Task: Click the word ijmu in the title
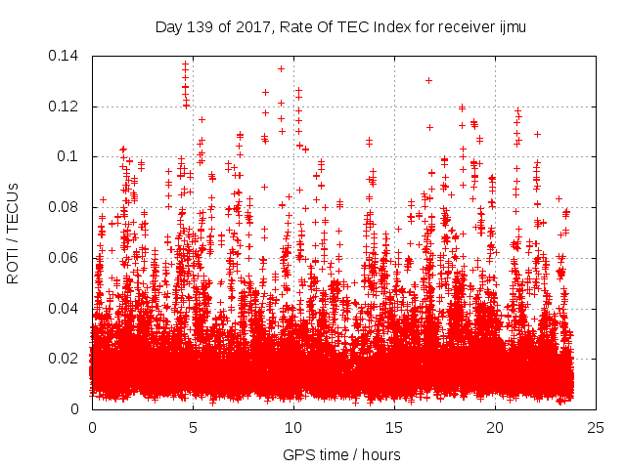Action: pyautogui.click(x=511, y=27)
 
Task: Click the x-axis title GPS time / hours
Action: pyautogui.click(x=341, y=454)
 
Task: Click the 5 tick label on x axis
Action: pyautogui.click(x=193, y=428)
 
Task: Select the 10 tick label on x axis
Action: pyautogui.click(x=293, y=428)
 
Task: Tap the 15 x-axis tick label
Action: pyautogui.click(x=395, y=428)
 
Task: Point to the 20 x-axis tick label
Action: pyautogui.click(x=496, y=428)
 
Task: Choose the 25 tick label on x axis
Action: pyautogui.click(x=597, y=428)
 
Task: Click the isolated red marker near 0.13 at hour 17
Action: pyautogui.click(x=429, y=80)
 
